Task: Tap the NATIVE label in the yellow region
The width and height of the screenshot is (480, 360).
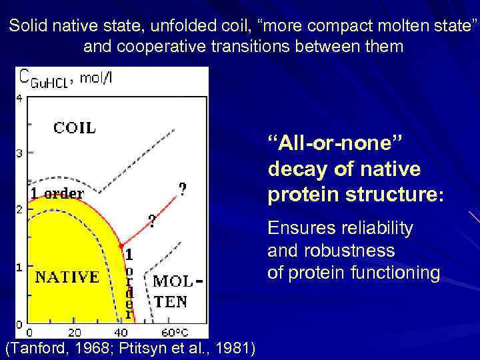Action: coord(67,277)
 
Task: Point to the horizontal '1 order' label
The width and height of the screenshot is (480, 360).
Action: coord(57,194)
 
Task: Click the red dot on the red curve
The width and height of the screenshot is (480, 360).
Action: coord(121,246)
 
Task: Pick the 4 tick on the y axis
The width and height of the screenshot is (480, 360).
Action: coord(19,98)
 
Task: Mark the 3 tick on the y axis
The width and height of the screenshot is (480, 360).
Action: coord(19,153)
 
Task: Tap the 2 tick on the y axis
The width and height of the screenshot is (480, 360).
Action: coord(19,209)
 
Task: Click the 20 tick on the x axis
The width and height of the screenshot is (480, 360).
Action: coord(74,332)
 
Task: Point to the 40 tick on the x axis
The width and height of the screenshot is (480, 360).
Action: coord(121,332)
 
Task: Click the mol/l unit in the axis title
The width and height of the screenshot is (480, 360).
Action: coord(100,77)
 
